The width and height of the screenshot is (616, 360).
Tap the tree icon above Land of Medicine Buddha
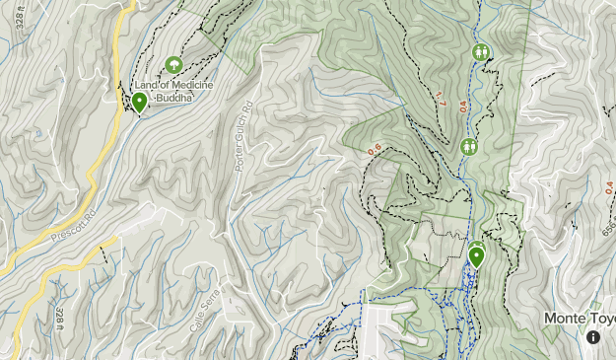(174, 65)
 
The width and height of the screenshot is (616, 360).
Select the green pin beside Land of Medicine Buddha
(140, 102)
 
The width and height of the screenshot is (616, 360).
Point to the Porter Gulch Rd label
(244, 137)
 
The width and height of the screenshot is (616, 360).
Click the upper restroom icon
(481, 51)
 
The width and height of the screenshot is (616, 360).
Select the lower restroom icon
(469, 147)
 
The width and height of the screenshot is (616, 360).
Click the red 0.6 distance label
(374, 150)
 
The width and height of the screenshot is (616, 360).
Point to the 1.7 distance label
(440, 98)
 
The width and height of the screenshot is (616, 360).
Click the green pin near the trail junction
(477, 258)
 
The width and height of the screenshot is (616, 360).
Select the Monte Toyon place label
(581, 320)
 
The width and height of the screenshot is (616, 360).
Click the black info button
(594, 337)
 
